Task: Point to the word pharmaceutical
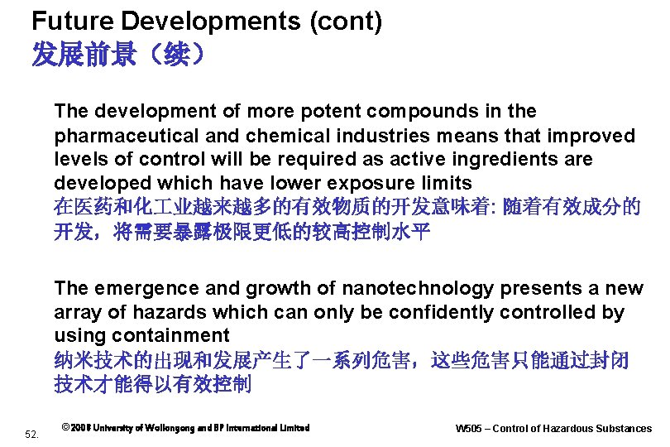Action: click(x=117, y=136)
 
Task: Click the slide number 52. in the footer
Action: click(x=33, y=433)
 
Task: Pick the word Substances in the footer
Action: click(x=625, y=429)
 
